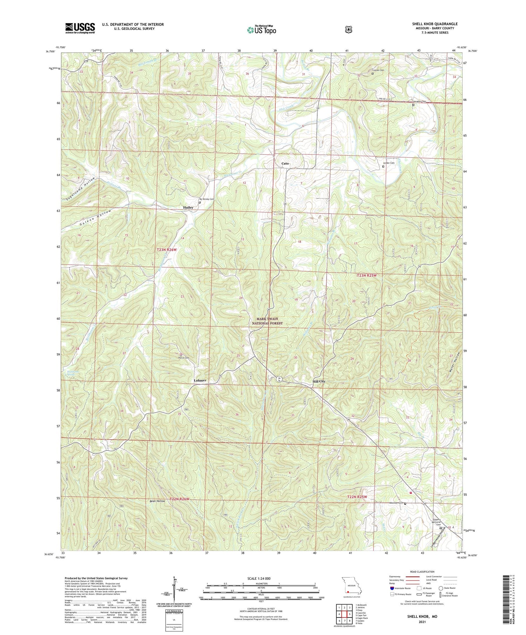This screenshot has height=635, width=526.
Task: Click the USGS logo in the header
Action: tap(80, 28)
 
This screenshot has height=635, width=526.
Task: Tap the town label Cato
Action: tap(285, 164)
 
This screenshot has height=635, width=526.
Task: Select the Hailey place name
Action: tap(188, 207)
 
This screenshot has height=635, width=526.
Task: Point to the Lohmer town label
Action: tap(200, 380)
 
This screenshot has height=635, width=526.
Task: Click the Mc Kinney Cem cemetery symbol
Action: tap(200, 202)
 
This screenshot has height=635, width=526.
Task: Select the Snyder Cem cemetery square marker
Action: tap(383, 167)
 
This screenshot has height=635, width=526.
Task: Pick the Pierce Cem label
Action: tap(184, 358)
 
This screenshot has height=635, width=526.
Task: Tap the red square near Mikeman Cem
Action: tap(410, 492)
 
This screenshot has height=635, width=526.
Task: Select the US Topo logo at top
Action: tap(261, 30)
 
